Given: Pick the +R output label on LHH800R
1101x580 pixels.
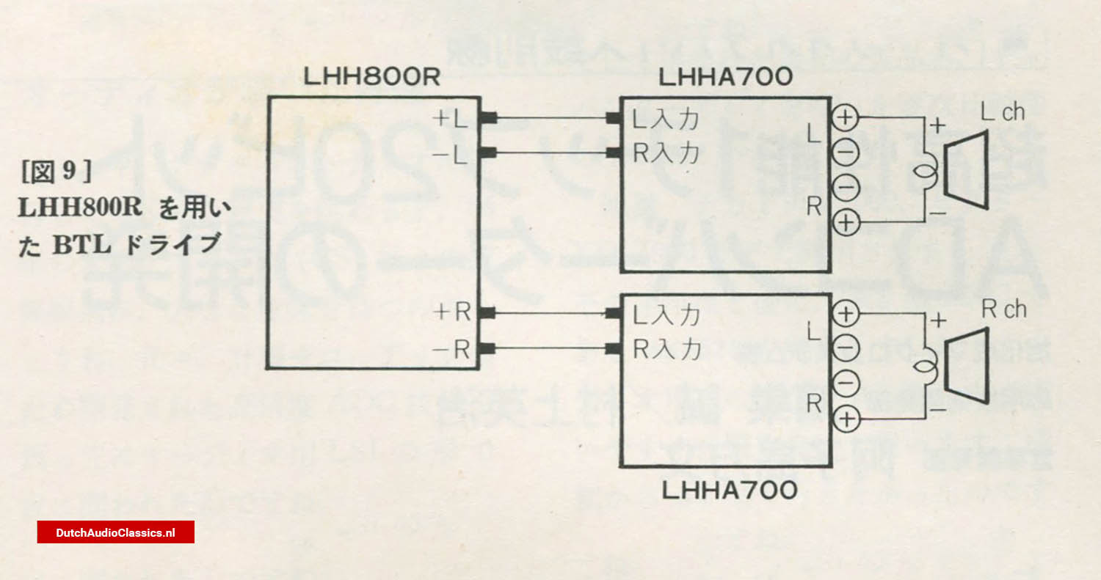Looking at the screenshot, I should point(453,313).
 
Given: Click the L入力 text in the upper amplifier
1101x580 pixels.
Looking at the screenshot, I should point(666,119).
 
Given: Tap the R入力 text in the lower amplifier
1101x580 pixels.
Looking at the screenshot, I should point(666,349).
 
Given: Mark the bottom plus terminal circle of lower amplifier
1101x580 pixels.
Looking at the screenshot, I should point(846,419).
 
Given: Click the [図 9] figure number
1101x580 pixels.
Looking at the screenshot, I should point(56,173).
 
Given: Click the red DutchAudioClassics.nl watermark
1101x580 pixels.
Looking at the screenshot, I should point(115,532).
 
